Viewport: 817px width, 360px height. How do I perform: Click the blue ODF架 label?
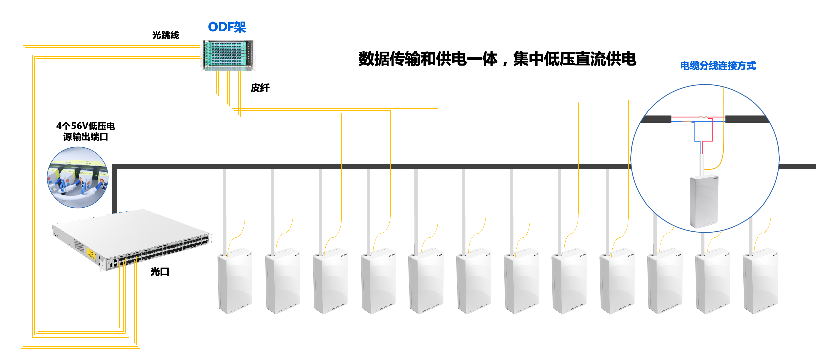pos(227,27)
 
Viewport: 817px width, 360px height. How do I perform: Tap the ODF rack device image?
pos(228,55)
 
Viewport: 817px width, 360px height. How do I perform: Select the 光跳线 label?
pos(165,35)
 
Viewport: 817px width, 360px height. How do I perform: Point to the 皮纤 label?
pos(260,88)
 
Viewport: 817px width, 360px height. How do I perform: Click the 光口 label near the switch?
pos(159,271)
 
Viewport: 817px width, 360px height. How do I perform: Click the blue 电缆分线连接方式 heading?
pos(718,65)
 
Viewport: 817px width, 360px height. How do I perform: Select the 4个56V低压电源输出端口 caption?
pos(86,131)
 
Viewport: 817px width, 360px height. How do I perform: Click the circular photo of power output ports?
pos(78,177)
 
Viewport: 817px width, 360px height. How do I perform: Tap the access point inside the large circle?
pos(704,201)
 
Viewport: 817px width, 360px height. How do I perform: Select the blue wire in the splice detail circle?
pos(695,133)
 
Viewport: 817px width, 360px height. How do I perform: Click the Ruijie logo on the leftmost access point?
pos(248,255)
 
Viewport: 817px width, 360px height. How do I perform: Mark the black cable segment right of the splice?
pos(747,119)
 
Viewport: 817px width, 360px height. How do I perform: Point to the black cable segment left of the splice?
pos(656,119)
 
